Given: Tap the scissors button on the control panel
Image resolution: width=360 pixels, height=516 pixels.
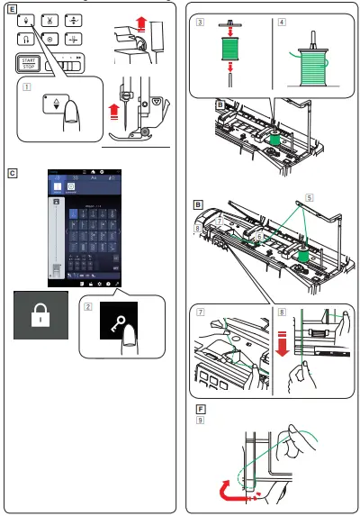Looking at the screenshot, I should point(48,21).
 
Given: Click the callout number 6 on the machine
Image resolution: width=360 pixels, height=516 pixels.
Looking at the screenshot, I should point(260,236).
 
